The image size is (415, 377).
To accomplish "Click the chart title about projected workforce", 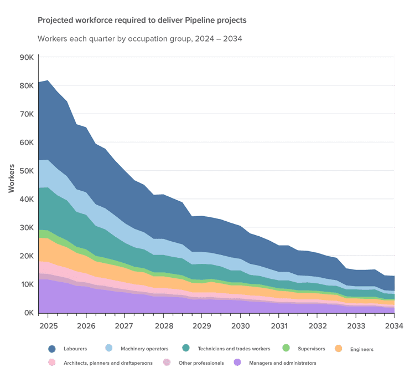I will click(x=142, y=21).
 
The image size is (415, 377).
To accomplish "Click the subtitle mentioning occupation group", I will click(x=139, y=39).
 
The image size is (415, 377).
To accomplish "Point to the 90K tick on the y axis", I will click(x=27, y=57).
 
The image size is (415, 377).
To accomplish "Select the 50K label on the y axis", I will click(x=27, y=171).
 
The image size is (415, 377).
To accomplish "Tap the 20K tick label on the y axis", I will click(x=27, y=256).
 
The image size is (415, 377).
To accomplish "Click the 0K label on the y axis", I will click(x=29, y=313).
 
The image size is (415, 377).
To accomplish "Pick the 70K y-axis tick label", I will click(x=27, y=114).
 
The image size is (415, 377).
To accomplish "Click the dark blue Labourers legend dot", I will click(x=52, y=349).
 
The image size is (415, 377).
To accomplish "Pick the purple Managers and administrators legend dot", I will click(x=237, y=362).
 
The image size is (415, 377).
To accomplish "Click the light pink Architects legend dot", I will click(x=52, y=362).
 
